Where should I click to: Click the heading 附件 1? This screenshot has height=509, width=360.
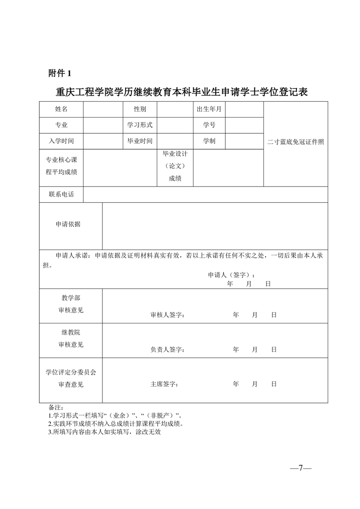(60, 73)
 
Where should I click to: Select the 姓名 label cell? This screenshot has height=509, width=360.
(61, 109)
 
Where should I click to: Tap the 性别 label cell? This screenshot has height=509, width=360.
(140, 109)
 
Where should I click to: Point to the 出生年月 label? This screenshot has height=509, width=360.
(209, 109)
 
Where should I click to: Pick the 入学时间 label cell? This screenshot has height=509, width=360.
(61, 141)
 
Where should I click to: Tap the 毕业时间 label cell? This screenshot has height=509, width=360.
(140, 141)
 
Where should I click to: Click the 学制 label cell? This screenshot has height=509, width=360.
(209, 141)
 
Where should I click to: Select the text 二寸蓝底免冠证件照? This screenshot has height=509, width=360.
(296, 142)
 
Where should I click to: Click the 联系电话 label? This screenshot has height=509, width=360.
(61, 195)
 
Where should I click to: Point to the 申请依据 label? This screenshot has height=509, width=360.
(68, 225)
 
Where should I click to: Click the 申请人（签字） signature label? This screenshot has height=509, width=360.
(231, 275)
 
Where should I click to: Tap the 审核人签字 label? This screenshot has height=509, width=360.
(167, 315)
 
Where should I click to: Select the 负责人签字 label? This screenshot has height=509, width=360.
(167, 349)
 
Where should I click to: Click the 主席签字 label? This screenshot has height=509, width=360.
(164, 384)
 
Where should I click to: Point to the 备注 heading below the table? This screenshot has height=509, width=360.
(56, 407)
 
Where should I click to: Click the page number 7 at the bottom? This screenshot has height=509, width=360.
(300, 468)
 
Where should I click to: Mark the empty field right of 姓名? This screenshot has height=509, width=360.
(102, 109)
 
